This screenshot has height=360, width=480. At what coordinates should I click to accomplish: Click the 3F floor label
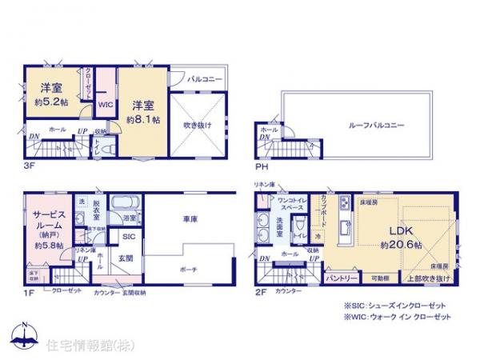pos(29,168)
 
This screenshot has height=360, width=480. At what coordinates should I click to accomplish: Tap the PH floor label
pos(261,168)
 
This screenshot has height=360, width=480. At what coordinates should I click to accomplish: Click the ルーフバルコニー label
pos(374,126)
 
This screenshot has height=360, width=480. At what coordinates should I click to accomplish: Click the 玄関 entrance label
pos(126,257)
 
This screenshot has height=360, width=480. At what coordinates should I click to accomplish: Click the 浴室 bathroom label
pos(128,218)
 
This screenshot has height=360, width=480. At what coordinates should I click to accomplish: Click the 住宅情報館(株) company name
pos(78,346)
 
